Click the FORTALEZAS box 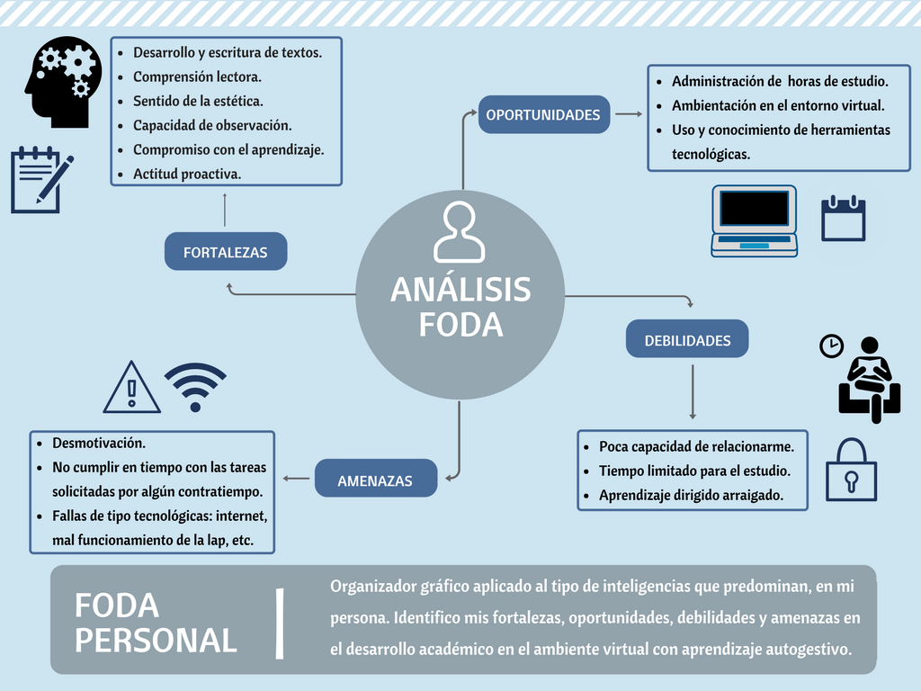pos(225,252)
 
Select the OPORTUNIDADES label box pos(543,114)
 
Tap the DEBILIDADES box pos(687,340)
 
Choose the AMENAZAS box pos(375,480)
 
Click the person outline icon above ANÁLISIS pos(459,232)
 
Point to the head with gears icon pos(62,81)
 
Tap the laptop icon pos(754,220)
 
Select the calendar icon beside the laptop pos(843,218)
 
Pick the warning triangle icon pos(132,389)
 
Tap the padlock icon pos(851,470)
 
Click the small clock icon pos(831,346)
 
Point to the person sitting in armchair pos(869,381)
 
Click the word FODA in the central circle pos(460,324)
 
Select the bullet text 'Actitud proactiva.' pos(186,174)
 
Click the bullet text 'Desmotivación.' pos(99,443)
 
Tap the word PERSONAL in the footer pos(156,640)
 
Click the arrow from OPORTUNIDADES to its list pos(629,114)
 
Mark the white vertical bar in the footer pos(281,623)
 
